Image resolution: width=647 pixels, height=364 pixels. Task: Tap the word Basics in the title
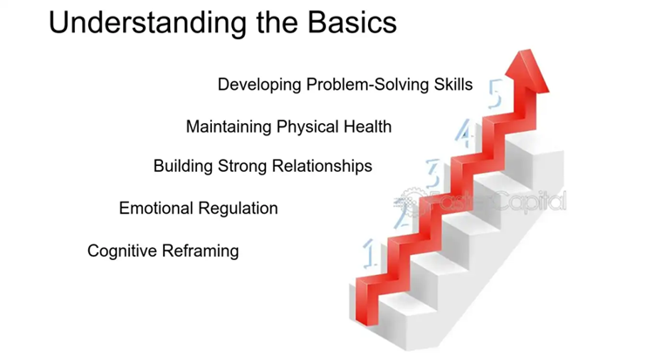point(352,22)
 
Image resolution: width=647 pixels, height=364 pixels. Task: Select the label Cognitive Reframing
point(163,251)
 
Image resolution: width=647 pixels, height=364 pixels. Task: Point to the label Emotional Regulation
point(199,209)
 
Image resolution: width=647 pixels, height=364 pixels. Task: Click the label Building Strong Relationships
point(262,166)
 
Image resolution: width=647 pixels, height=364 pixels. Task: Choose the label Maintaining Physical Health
point(289,127)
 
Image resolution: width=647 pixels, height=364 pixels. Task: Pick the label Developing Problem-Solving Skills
point(345,85)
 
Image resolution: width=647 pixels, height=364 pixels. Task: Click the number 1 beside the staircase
point(370,253)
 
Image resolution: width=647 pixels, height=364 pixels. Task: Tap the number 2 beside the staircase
point(402,214)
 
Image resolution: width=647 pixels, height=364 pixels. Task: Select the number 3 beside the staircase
point(433,174)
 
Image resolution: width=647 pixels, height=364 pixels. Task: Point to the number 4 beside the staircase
point(464,133)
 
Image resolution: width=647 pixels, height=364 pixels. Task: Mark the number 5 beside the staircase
point(495,93)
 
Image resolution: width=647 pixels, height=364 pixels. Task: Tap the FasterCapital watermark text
point(480,202)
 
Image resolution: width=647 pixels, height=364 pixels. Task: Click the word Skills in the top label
point(453,85)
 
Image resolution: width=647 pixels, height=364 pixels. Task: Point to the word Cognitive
point(122,251)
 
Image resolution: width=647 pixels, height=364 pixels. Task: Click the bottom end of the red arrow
point(366,321)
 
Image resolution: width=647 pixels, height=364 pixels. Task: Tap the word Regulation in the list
point(238,209)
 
